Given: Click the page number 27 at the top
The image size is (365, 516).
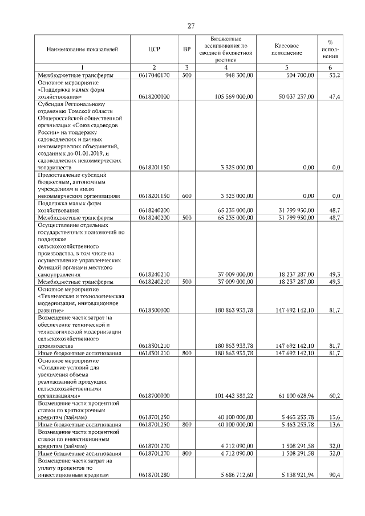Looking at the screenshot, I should point(192,26).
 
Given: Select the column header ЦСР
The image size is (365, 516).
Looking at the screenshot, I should point(155,50).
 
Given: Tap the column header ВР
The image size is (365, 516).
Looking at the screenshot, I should point(186,50).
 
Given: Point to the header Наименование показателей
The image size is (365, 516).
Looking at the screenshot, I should point(82,50).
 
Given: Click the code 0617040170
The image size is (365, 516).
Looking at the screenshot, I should point(155,75).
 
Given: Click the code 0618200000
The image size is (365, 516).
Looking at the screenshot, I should point(155,97).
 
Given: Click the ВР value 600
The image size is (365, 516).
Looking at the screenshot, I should point(186,196).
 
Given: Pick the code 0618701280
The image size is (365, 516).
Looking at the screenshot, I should point(155,474).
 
